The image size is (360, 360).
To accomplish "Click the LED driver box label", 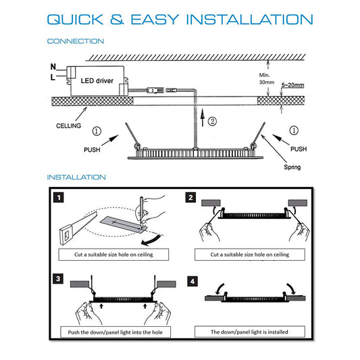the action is pyautogui.click(x=97, y=81).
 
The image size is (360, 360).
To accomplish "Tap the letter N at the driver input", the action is pyautogui.click(x=53, y=67).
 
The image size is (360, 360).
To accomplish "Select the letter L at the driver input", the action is pyautogui.click(x=53, y=77).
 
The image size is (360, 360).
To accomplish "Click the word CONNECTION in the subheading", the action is pyautogui.click(x=75, y=41).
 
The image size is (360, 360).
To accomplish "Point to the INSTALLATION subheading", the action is pyautogui.click(x=76, y=177).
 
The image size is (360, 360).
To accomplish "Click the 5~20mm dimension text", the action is pyautogui.click(x=292, y=85).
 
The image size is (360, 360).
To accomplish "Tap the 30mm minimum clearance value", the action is pyautogui.click(x=267, y=82).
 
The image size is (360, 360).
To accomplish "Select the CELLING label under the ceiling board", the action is pyautogui.click(x=68, y=126).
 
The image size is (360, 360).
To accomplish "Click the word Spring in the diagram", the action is pyautogui.click(x=292, y=167).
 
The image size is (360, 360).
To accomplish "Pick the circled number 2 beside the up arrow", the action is pyautogui.click(x=212, y=121).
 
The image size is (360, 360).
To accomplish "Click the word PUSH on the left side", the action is pyautogui.click(x=92, y=150).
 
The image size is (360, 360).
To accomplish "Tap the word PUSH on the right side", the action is pyautogui.click(x=299, y=149).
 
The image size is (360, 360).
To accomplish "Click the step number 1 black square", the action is pyautogui.click(x=59, y=197).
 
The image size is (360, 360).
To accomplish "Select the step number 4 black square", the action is pyautogui.click(x=192, y=282).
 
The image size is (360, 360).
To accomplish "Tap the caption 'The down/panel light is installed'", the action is pyautogui.click(x=249, y=332).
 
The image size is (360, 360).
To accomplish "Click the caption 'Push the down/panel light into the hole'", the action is pyautogui.click(x=115, y=332).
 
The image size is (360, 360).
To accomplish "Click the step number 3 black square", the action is pyautogui.click(x=58, y=278).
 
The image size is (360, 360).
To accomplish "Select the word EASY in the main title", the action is pyautogui.click(x=155, y=20).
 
